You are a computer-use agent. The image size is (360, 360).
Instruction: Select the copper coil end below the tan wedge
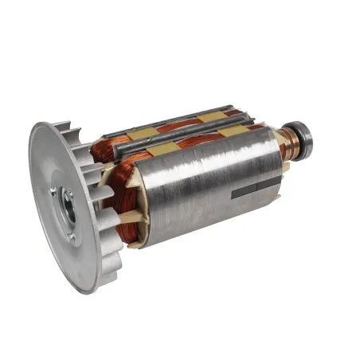pyautogui.click(x=127, y=235)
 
